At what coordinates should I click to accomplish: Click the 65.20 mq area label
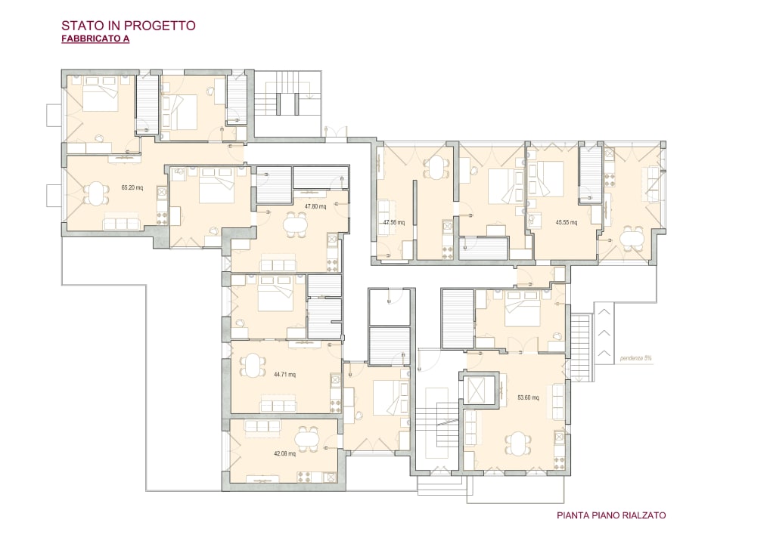click(132, 187)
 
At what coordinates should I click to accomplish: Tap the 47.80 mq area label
click(315, 206)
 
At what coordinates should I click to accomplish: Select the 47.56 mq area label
click(394, 222)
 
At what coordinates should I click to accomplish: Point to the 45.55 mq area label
click(567, 222)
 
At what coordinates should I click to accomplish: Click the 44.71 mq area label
click(285, 375)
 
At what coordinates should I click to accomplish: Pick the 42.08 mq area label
click(285, 454)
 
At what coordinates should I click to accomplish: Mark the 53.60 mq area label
click(529, 397)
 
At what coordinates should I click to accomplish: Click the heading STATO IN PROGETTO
click(128, 26)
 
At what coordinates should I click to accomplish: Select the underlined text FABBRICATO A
click(95, 39)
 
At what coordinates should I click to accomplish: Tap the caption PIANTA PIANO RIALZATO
click(611, 515)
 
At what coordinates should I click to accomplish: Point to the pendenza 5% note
click(635, 358)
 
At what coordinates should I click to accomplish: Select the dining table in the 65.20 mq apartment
click(96, 193)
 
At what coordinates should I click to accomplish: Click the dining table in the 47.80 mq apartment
click(295, 225)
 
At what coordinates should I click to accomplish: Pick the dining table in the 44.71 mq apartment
click(250, 366)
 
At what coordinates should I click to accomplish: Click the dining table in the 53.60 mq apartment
click(517, 444)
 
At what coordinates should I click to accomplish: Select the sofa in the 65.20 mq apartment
click(122, 223)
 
